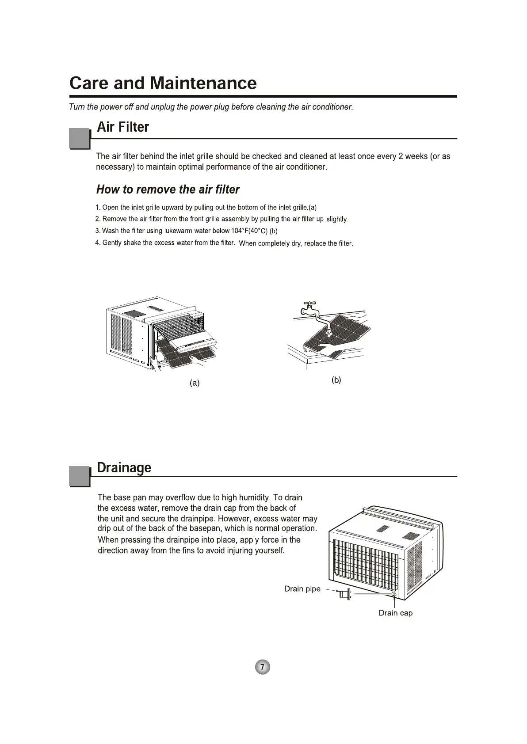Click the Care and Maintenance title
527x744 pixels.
tap(163, 83)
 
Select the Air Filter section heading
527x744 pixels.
tap(123, 127)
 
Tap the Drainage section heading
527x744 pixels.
tap(124, 467)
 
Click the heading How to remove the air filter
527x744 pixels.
tap(168, 190)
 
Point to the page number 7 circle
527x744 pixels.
tap(263, 667)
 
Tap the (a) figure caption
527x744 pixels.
tap(195, 383)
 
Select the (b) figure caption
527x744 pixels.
tap(336, 380)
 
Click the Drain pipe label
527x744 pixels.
tap(302, 589)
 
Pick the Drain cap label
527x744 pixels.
tap(396, 613)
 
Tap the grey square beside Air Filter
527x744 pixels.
tap(80, 138)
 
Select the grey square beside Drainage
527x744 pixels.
tap(80, 476)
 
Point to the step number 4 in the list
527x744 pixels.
tap(97, 243)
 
